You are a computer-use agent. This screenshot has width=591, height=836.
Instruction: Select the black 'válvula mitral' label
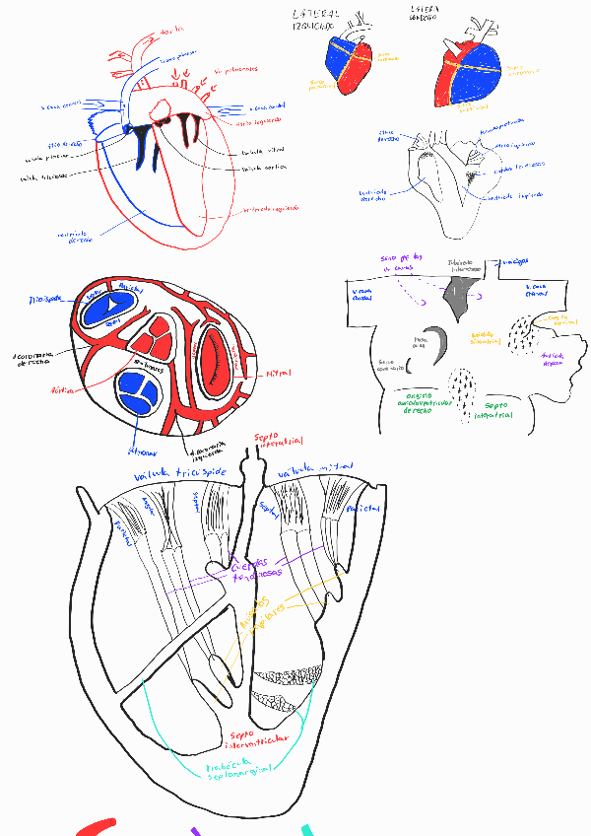tap(258, 152)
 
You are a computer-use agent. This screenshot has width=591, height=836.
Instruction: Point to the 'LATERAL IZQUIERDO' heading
tap(316, 20)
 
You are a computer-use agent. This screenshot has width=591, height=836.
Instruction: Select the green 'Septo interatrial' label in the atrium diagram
tap(491, 410)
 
